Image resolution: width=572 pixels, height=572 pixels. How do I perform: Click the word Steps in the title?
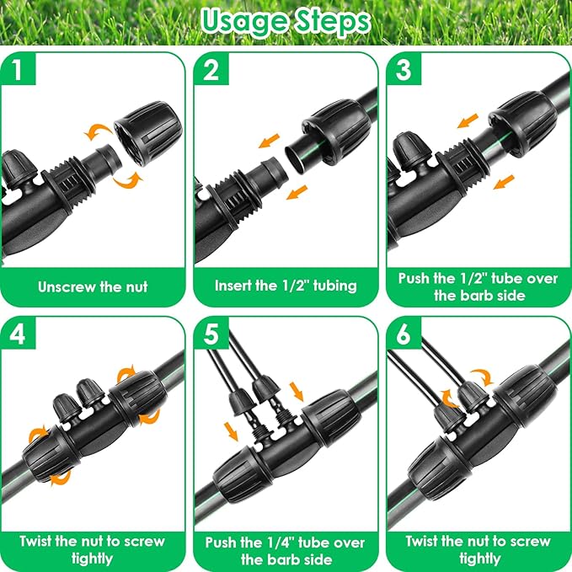[x=332, y=22]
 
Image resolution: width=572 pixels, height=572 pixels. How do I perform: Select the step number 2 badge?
[x=211, y=69]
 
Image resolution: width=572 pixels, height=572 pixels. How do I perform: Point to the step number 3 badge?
[x=404, y=69]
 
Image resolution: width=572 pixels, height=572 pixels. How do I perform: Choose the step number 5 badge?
[x=211, y=334]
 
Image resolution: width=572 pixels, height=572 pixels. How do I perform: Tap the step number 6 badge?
[x=404, y=334]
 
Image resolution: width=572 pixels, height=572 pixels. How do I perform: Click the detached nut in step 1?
[x=147, y=133]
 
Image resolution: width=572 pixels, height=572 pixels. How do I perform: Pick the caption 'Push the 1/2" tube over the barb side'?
[x=478, y=286]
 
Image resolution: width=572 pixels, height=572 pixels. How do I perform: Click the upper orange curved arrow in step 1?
[x=98, y=132]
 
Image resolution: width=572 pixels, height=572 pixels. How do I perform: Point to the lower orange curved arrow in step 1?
[x=128, y=179]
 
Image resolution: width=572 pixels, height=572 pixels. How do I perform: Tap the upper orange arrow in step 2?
[x=269, y=141]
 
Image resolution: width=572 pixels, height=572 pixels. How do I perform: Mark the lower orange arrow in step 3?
[x=504, y=182]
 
